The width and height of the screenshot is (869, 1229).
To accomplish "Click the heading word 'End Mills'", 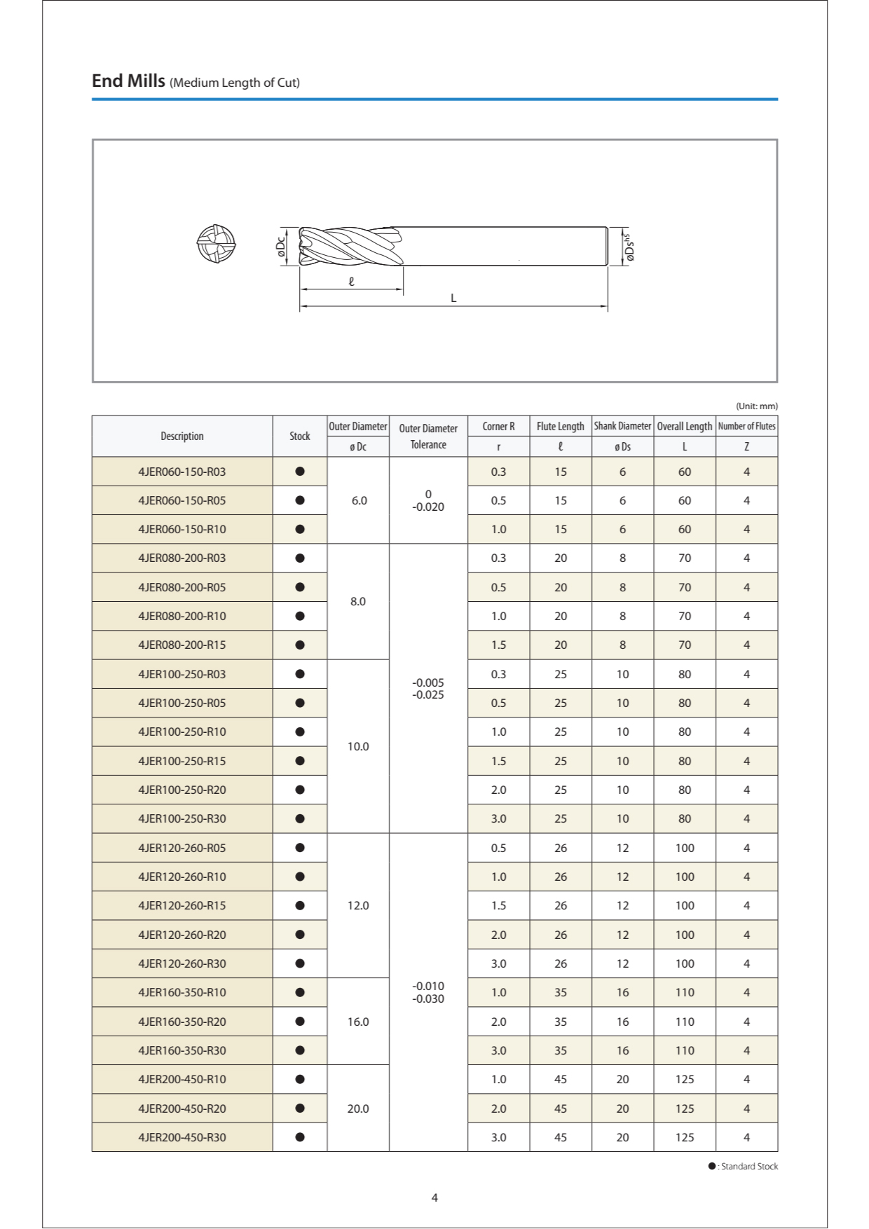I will click(x=128, y=81).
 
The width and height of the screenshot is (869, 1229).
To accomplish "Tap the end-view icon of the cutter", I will click(x=216, y=244).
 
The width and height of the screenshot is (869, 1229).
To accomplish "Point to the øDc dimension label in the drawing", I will click(x=281, y=247).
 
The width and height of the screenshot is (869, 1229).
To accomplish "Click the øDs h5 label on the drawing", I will click(x=629, y=247).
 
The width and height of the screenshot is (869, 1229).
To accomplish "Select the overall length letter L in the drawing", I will click(x=453, y=298).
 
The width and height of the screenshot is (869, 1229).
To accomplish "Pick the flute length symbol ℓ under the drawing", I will click(x=351, y=282).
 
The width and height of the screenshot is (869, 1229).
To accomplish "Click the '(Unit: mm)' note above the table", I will click(x=756, y=406).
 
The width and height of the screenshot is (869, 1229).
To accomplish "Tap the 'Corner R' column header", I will click(x=498, y=426).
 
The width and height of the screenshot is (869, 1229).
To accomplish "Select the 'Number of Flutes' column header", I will click(x=746, y=426).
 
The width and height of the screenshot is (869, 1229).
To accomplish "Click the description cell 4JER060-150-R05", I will click(x=182, y=500).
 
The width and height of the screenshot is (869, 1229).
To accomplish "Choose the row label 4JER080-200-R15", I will click(x=182, y=645).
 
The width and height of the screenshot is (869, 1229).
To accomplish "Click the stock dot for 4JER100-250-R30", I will click(x=300, y=818).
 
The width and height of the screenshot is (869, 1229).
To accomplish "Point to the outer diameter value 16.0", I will click(x=358, y=1022).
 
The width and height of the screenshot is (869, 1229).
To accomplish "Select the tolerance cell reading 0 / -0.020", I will click(x=428, y=500).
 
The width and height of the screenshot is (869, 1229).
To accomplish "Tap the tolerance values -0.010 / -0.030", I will click(x=428, y=992).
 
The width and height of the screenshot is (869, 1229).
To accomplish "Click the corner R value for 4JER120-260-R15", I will click(x=498, y=905).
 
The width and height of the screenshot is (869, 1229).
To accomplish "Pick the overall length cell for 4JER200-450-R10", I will click(x=685, y=1079).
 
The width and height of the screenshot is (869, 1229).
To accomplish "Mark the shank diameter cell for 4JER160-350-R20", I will click(x=622, y=1022).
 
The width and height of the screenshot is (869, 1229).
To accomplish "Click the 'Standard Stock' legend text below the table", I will click(x=748, y=1166).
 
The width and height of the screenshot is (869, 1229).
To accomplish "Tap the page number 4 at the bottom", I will click(x=434, y=1197).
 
